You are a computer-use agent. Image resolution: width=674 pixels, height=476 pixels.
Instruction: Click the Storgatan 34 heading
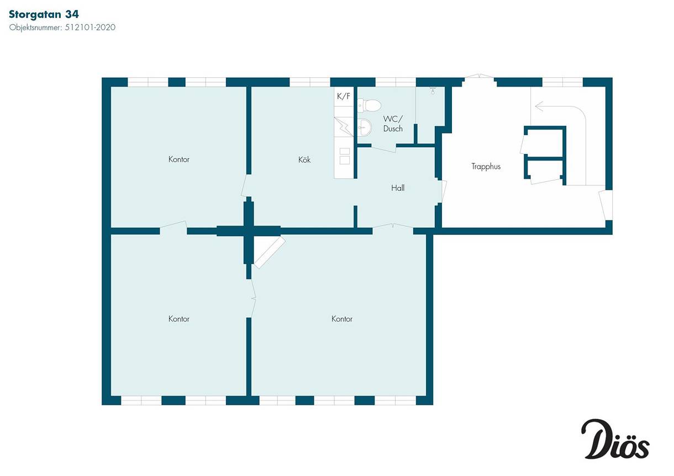pos(44,14)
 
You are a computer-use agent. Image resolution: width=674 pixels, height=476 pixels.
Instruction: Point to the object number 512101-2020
pos(90,28)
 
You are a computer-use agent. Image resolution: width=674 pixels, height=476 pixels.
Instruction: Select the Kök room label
pos(304,159)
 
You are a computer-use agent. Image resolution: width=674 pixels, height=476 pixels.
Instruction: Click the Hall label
pos(398,188)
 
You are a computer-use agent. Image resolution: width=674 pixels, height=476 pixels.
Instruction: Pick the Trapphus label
pos(486,167)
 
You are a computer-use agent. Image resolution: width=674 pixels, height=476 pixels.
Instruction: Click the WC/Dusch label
pos(393,124)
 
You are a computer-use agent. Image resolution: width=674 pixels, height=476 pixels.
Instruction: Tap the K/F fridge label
pos(343,96)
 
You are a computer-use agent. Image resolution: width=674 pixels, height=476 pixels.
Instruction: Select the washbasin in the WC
pos(365,127)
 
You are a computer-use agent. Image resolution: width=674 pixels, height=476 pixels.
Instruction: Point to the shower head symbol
pos(433,90)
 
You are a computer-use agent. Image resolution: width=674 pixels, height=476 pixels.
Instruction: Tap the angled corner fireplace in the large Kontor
pos(270,252)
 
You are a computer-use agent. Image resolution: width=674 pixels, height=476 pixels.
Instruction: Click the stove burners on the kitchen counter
pos(345,156)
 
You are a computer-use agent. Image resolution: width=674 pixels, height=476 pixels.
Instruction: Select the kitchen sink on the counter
pos(343,127)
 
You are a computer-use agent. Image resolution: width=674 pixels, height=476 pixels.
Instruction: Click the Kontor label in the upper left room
pos(179,159)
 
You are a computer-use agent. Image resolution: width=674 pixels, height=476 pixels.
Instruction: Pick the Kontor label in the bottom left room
pos(179,319)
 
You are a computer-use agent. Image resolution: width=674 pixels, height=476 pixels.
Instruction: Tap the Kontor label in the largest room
pos(342,319)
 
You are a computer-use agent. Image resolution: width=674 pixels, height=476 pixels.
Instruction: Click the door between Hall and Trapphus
pos(443,191)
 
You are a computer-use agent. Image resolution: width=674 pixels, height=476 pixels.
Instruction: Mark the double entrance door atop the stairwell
pos(480,76)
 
